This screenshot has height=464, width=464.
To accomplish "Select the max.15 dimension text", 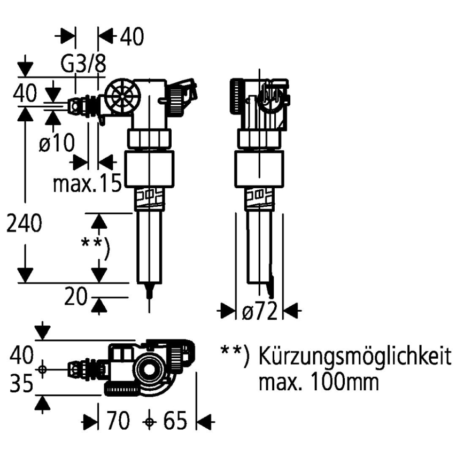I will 87,183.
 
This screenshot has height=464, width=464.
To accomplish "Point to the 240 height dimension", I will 24,225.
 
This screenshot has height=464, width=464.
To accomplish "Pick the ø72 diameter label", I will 259,312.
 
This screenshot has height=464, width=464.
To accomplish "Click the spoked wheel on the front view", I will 121,97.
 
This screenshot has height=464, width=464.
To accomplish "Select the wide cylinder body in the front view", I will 150,169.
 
